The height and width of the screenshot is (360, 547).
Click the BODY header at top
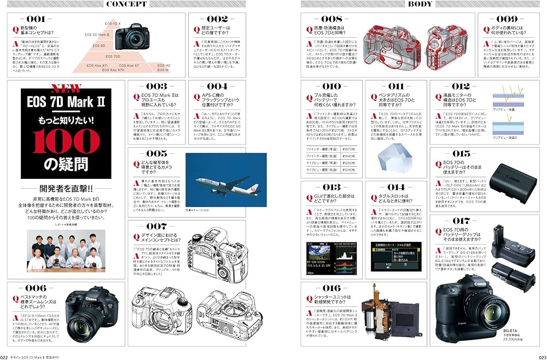pyautogui.click(x=421, y=4)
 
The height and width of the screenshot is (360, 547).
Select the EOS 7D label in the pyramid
pyautogui.click(x=113, y=56)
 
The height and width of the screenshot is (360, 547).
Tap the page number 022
pyautogui.click(x=4, y=356)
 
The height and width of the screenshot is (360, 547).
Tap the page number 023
pyautogui.click(x=542, y=356)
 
